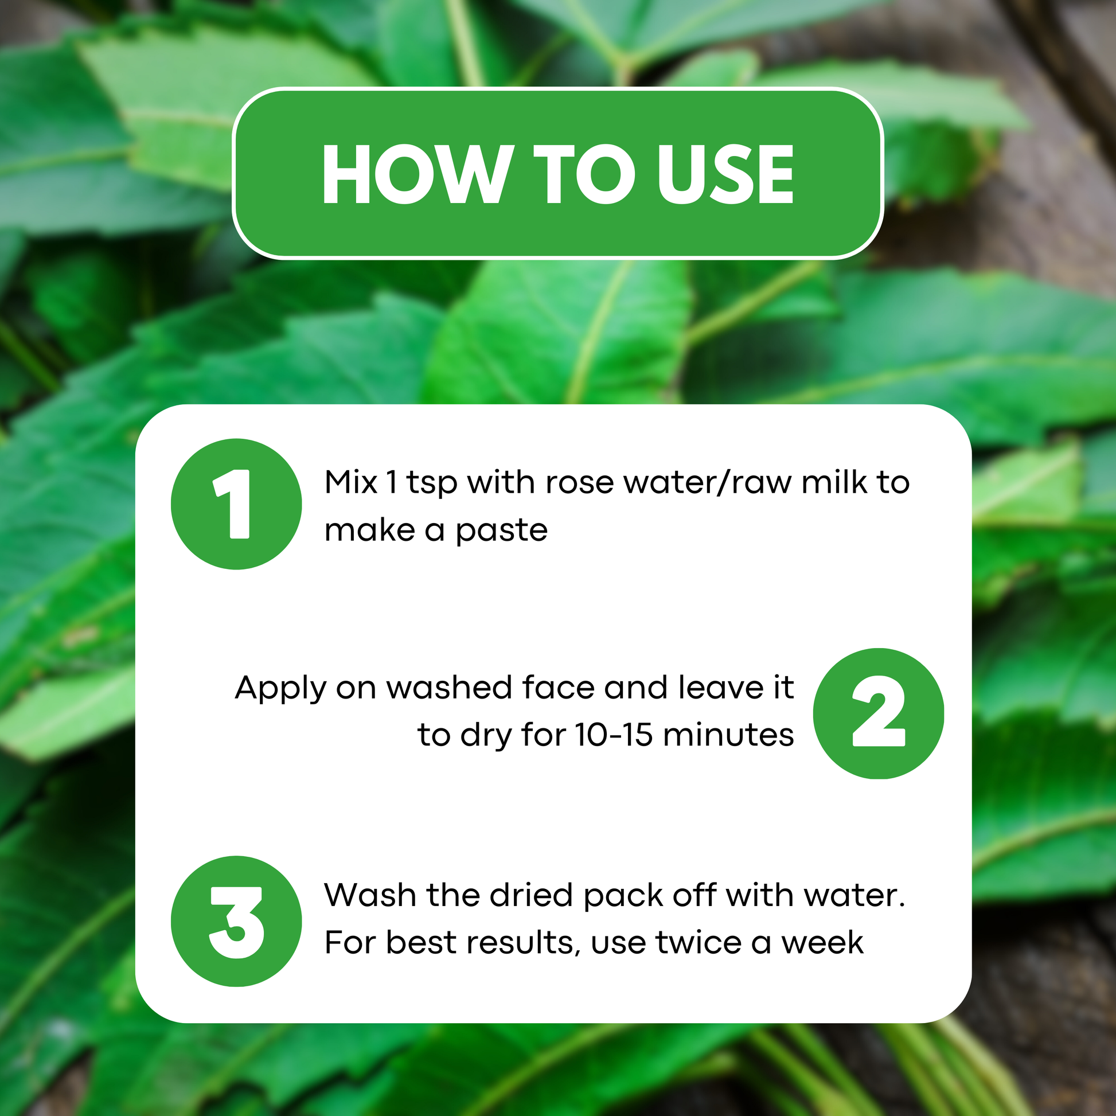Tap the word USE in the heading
725,174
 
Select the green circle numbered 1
236,504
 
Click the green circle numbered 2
878,713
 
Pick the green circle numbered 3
236,922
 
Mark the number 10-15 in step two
615,735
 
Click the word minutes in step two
728,735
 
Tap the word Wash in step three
370,895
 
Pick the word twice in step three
699,943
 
